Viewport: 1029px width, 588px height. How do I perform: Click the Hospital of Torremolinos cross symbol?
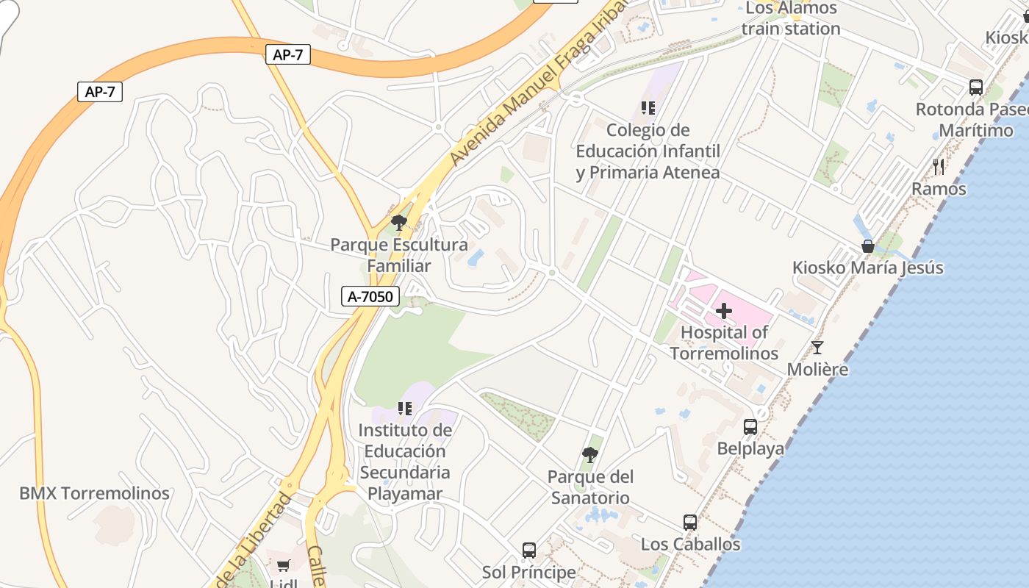click(724, 311)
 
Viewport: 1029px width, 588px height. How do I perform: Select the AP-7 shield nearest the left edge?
click(100, 92)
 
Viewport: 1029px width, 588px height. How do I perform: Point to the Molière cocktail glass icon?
click(817, 348)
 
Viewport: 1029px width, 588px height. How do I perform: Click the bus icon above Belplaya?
click(750, 427)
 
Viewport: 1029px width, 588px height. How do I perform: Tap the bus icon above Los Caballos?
click(690, 523)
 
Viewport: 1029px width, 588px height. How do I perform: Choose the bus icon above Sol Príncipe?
click(529, 551)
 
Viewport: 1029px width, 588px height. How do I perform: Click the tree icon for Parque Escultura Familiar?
click(399, 222)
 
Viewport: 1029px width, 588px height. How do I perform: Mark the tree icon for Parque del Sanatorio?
click(589, 455)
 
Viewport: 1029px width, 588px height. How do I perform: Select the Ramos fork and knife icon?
click(939, 167)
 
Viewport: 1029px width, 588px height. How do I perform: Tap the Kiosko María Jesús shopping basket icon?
click(868, 246)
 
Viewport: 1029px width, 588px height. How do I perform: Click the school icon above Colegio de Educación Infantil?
click(648, 109)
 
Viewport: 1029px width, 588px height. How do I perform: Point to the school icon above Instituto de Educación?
click(405, 408)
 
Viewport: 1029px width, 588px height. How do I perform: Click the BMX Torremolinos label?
click(94, 493)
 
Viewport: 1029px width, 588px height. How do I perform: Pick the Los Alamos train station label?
click(791, 18)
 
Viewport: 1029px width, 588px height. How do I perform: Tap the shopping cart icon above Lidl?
click(283, 565)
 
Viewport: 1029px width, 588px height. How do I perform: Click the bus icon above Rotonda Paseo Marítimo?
click(976, 87)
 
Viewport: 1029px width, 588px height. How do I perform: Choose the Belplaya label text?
click(750, 448)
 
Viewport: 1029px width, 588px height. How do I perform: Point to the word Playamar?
click(405, 493)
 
